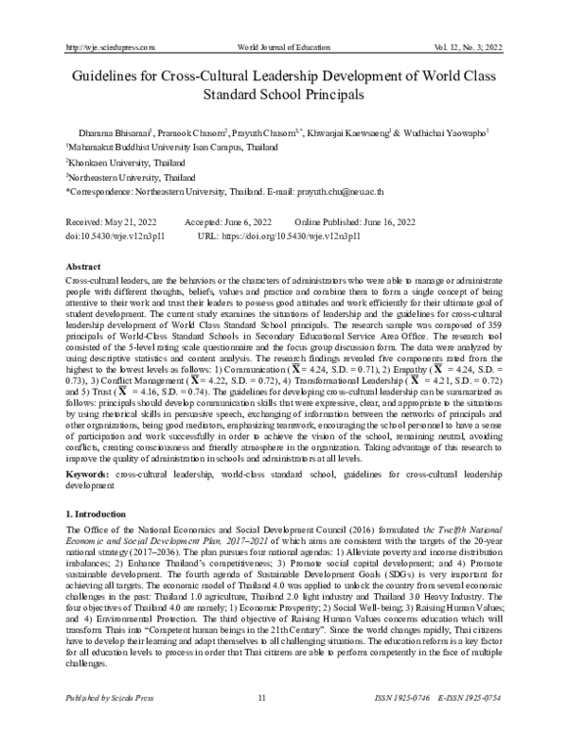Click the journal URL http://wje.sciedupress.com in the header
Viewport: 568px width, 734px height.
(107, 46)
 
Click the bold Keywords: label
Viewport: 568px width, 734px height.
(91, 470)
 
